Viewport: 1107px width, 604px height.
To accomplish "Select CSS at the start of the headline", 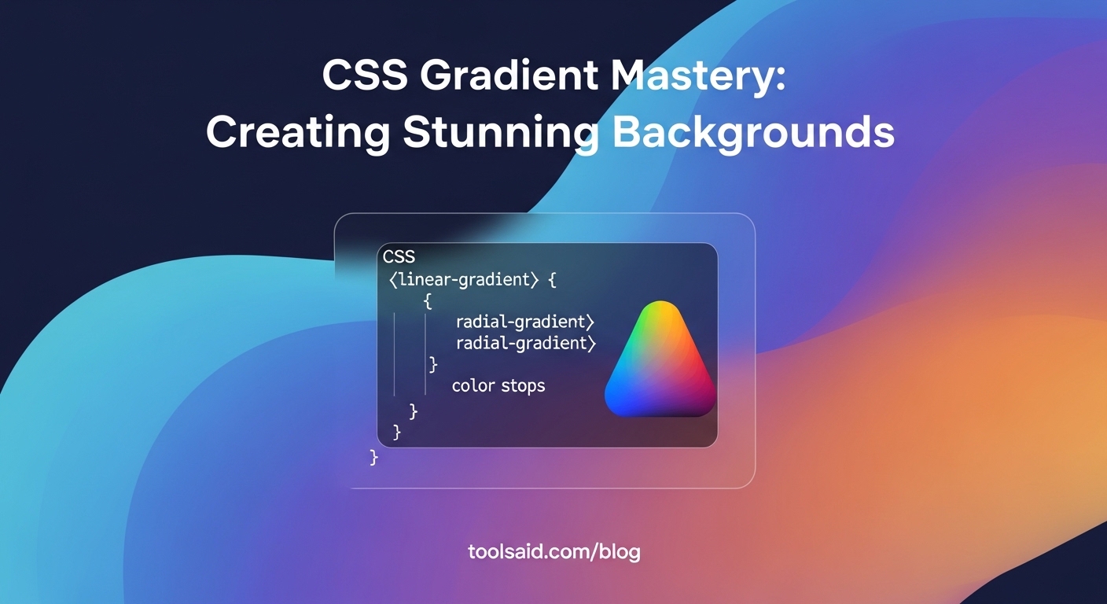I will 364,77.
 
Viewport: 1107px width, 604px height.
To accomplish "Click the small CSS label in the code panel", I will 399,256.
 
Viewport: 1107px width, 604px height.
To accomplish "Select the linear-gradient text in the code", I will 467,280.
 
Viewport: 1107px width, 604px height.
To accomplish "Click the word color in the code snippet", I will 473,386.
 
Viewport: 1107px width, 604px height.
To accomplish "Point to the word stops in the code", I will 524,386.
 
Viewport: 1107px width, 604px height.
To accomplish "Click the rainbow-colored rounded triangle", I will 660,362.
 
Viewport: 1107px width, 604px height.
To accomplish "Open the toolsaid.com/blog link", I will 553,551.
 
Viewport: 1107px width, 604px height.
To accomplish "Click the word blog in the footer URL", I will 619,551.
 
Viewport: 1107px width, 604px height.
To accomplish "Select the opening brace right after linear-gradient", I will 552,280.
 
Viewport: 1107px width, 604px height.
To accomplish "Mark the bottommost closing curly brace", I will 373,458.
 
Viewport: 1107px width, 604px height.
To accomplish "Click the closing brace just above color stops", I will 432,364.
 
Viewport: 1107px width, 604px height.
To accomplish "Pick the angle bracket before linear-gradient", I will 392,280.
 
